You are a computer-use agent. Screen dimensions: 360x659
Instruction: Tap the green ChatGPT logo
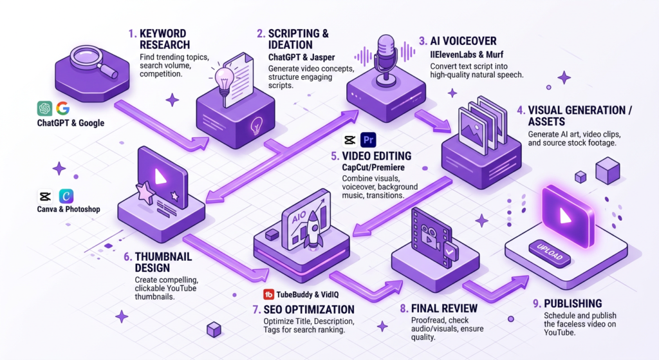[x=44, y=108]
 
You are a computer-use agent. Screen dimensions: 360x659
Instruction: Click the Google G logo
[x=62, y=108]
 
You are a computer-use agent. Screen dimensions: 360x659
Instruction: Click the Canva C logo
[x=66, y=196]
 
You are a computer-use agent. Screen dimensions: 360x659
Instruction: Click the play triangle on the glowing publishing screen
[x=566, y=215]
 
